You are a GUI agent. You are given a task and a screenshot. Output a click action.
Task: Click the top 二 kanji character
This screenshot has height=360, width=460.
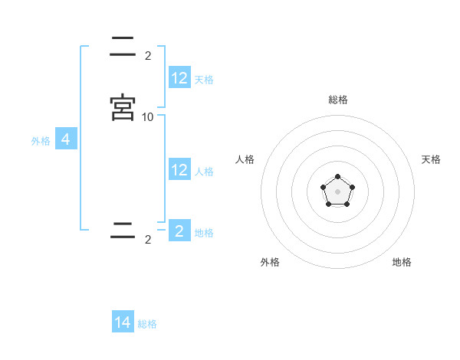click(x=123, y=46)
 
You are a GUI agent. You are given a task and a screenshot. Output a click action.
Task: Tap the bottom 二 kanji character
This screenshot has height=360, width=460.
click(x=123, y=231)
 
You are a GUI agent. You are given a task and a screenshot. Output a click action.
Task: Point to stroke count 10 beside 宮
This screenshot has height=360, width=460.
click(x=148, y=116)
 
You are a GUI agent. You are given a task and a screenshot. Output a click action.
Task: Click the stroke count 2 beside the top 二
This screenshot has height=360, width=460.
click(x=148, y=55)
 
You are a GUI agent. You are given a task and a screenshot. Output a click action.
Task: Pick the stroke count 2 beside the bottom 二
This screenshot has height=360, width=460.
click(x=148, y=240)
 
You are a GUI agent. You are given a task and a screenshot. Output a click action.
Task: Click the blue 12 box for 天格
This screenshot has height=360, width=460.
click(x=179, y=78)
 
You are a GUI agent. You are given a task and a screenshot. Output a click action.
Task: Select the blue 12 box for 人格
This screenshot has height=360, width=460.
click(x=179, y=170)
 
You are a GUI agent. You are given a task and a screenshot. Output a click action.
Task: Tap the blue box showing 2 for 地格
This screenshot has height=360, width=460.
click(x=179, y=231)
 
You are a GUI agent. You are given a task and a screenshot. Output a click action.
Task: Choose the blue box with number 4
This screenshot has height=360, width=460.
click(x=66, y=139)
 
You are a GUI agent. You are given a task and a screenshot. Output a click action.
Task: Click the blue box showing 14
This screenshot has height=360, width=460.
click(x=123, y=322)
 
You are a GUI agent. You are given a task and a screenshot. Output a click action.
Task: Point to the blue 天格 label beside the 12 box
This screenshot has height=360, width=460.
click(x=204, y=79)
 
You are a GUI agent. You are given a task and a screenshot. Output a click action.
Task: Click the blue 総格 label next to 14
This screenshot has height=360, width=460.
click(x=147, y=324)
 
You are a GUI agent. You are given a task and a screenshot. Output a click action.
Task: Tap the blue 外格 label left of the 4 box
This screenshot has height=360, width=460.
click(x=41, y=141)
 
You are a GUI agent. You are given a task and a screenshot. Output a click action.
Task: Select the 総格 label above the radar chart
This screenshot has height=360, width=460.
click(x=338, y=100)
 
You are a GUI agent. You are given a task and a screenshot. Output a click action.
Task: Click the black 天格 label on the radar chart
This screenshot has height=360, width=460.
click(x=431, y=159)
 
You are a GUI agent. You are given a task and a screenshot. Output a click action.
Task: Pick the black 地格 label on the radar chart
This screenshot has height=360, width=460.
click(x=402, y=262)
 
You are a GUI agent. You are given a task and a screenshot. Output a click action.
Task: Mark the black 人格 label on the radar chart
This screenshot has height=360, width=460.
click(x=245, y=159)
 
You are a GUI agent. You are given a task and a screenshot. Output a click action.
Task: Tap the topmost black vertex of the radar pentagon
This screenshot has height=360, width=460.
click(x=337, y=177)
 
